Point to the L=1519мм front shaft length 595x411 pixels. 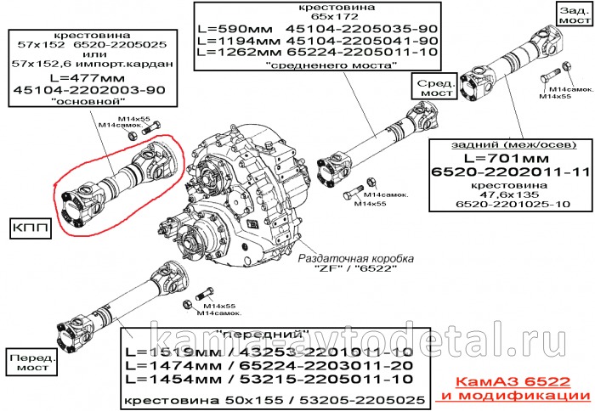coord(170,350)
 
